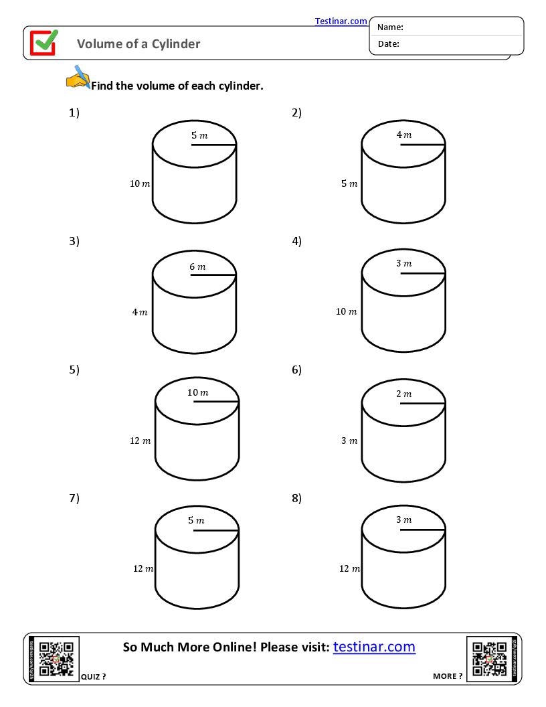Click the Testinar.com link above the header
[x=341, y=21]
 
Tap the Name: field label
[x=390, y=27]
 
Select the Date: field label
[x=388, y=44]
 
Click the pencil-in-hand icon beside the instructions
[x=78, y=77]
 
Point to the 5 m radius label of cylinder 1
[x=199, y=135]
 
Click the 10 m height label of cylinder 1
[x=140, y=183]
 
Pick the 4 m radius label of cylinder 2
[x=404, y=135]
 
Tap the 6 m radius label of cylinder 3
[x=197, y=266]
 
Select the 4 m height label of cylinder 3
[x=140, y=312]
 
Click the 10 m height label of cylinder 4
[x=346, y=311]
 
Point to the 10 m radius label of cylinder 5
[x=197, y=392]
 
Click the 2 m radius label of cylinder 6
[x=403, y=394]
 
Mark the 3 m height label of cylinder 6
[x=349, y=441]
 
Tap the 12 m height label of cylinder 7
[x=143, y=568]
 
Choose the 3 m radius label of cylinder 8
[x=403, y=520]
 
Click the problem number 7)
[x=74, y=497]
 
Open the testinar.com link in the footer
[x=374, y=647]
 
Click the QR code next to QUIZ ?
[x=56, y=659]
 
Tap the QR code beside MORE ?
[x=489, y=659]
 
